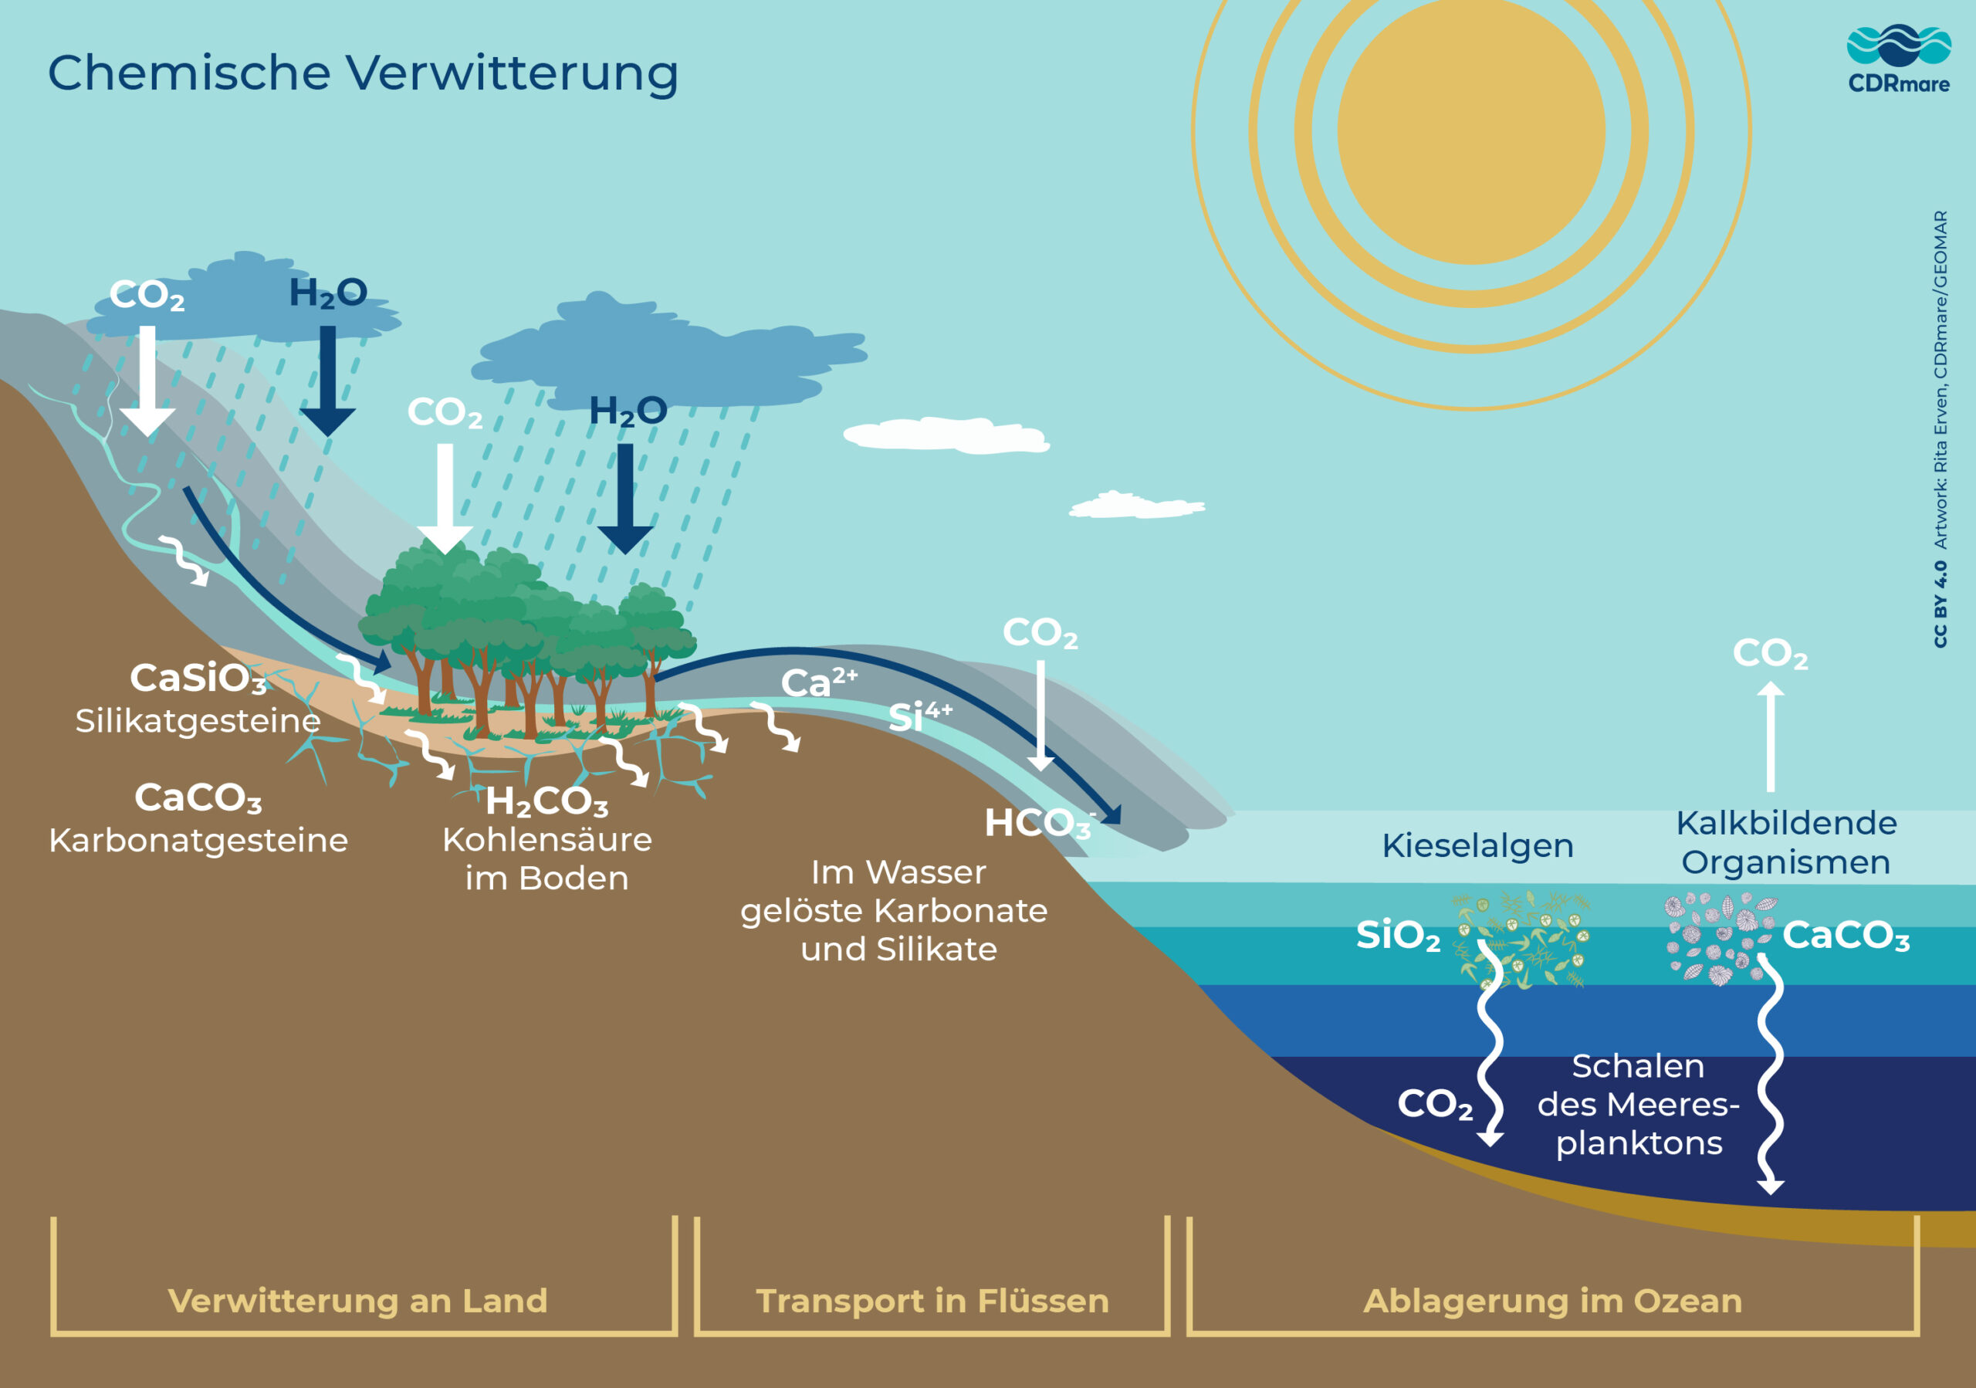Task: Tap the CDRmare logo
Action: point(1898,59)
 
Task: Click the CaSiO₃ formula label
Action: point(198,678)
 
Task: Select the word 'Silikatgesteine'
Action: point(198,720)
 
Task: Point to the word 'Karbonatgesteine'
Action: point(198,840)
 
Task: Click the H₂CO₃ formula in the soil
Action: point(546,802)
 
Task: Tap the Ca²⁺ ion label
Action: point(817,682)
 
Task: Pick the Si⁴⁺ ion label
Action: point(919,716)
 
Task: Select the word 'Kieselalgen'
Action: point(1477,845)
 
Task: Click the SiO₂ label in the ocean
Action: point(1398,936)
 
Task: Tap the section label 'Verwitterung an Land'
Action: point(357,1300)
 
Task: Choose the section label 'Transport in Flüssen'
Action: point(932,1300)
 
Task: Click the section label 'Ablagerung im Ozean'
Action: point(1552,1300)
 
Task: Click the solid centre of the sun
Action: point(1471,130)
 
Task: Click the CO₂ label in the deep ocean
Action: point(1435,1104)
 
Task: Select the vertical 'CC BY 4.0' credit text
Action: point(1940,604)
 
